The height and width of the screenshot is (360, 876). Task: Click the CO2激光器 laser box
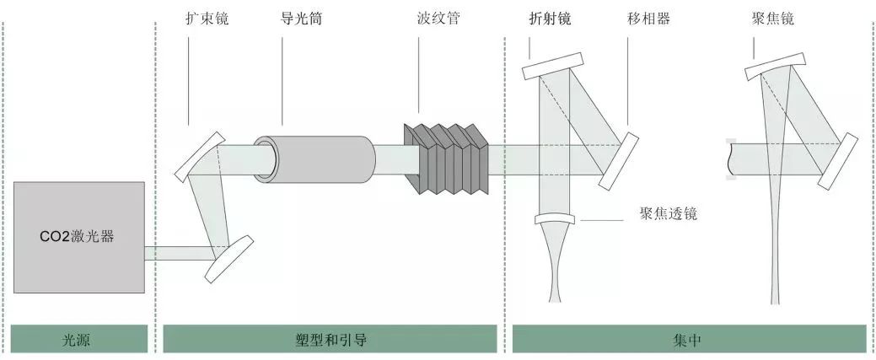tap(79, 237)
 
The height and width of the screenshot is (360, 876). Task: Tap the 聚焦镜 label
tap(771, 19)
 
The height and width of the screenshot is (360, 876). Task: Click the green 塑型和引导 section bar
tap(330, 340)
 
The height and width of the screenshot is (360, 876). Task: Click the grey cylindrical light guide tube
tap(314, 158)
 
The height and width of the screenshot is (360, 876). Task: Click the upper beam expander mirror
tap(201, 155)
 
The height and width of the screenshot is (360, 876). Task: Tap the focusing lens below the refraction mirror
tap(556, 220)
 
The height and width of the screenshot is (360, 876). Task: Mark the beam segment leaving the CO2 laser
tap(178, 251)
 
